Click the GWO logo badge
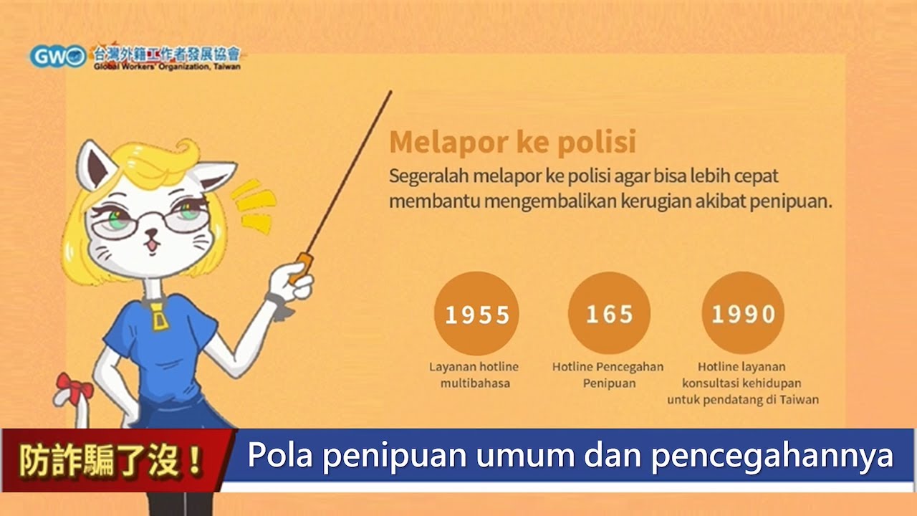[58, 57]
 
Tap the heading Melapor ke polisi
[513, 142]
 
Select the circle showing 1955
[476, 314]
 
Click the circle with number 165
[609, 313]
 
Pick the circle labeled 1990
[743, 313]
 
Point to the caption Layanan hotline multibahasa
[474, 375]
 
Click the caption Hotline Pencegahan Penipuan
[608, 375]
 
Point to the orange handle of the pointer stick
[301, 268]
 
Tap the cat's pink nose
[151, 234]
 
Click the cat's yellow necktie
[159, 317]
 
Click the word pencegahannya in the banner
[772, 457]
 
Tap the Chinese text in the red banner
[111, 460]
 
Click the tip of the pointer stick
[390, 92]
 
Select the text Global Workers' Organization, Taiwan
[167, 67]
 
